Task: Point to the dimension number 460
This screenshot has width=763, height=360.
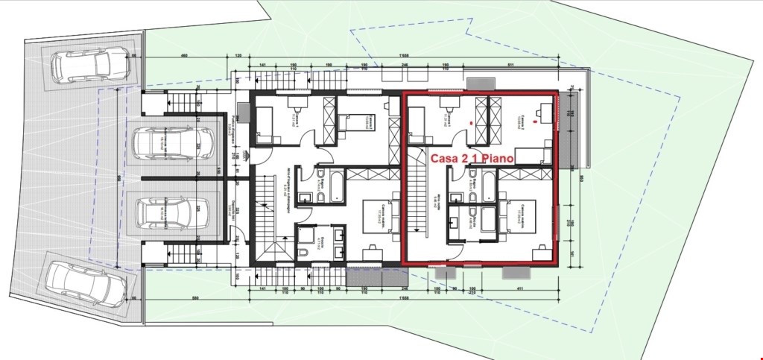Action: click(185, 57)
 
